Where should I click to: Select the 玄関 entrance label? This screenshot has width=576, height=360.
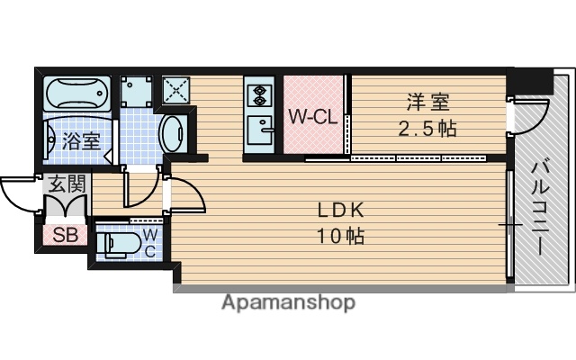(66, 186)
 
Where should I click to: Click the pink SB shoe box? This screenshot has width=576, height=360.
(64, 237)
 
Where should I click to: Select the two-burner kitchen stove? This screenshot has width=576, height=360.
(260, 94)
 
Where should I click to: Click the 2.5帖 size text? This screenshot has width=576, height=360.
(427, 128)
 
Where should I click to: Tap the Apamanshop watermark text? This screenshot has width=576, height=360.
(288, 302)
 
